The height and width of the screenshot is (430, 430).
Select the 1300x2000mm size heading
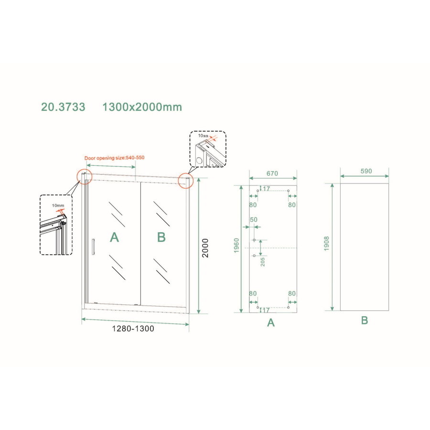coord(142,107)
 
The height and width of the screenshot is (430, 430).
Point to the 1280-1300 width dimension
coord(134,329)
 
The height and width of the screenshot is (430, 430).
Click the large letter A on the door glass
coord(114,237)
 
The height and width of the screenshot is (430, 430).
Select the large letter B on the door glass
coord(161,237)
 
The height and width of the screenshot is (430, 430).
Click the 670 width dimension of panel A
coord(272,172)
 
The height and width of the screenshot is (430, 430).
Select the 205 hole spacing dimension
coord(263,261)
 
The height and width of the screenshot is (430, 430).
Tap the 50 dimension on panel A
coord(253,220)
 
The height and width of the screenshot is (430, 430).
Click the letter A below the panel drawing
coord(271,323)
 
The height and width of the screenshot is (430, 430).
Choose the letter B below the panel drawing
coord(364,321)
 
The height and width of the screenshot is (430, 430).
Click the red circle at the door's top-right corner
coord(184,181)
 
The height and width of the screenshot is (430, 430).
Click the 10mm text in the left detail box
coord(58,205)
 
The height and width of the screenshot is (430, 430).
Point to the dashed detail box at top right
coord(207,149)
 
